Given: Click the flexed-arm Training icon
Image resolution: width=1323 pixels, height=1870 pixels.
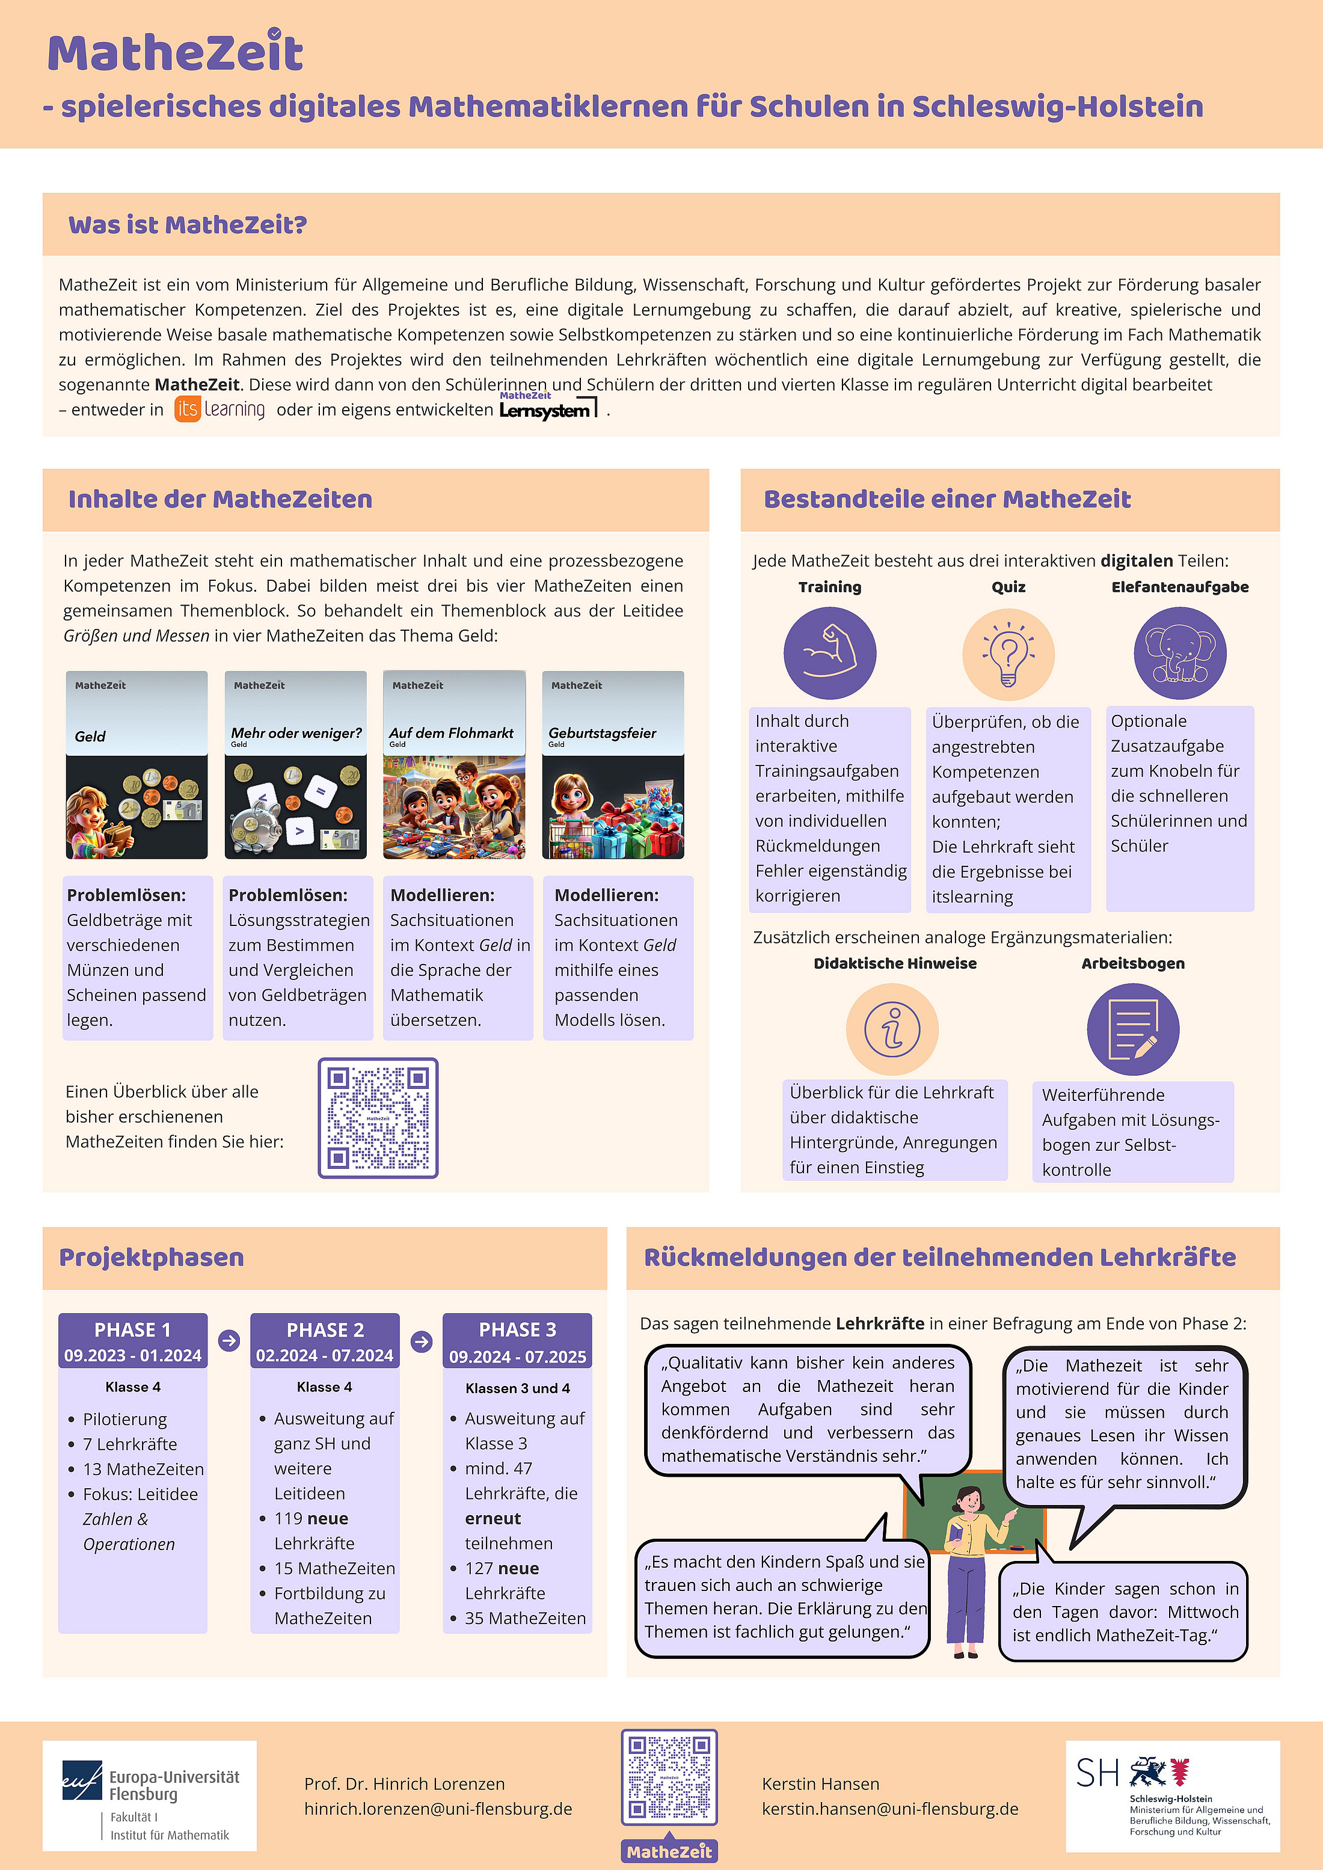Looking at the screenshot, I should pyautogui.click(x=829, y=653).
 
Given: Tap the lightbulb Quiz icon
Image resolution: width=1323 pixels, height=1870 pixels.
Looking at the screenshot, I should pyautogui.click(x=1008, y=653).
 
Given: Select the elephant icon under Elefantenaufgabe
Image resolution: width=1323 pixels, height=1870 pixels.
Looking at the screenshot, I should pyautogui.click(x=1180, y=653).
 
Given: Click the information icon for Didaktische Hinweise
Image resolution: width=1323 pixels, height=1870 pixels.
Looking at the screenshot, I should pyautogui.click(x=892, y=1029).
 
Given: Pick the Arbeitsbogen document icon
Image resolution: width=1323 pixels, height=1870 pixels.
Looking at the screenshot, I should pyautogui.click(x=1132, y=1029).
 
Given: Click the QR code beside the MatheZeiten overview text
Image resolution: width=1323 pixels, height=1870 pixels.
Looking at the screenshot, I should pyautogui.click(x=378, y=1117).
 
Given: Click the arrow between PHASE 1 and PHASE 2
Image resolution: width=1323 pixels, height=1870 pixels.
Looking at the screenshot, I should pyautogui.click(x=229, y=1340).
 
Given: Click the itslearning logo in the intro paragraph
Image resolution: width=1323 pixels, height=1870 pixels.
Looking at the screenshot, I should pyautogui.click(x=220, y=409).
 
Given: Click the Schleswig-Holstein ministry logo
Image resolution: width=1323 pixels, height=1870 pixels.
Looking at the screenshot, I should pyautogui.click(x=1172, y=1795).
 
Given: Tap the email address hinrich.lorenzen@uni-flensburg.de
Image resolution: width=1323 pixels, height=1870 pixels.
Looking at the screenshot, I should pyautogui.click(x=438, y=1809).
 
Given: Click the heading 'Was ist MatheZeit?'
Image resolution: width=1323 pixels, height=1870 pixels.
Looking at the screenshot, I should pyautogui.click(x=188, y=225).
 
